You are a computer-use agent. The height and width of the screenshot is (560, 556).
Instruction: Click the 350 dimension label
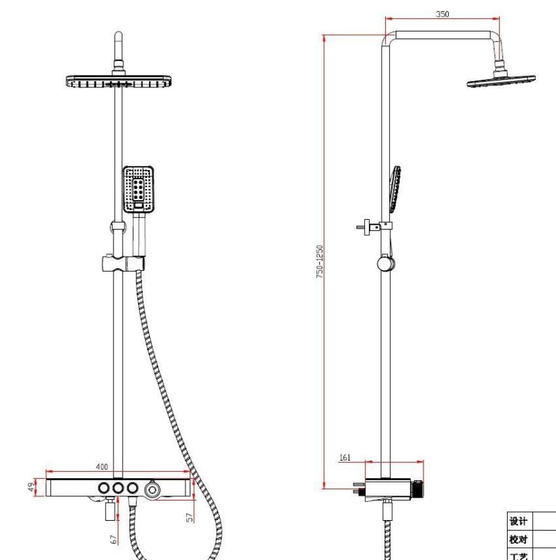(x=443, y=14)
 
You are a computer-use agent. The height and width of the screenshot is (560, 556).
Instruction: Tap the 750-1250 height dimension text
(x=319, y=262)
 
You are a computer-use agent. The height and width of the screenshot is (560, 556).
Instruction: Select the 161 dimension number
(x=345, y=457)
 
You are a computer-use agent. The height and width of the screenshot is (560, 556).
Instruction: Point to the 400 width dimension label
(x=102, y=466)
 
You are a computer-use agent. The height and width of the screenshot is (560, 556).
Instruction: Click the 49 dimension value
(x=32, y=486)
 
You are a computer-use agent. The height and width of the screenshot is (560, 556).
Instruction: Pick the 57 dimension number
(x=190, y=517)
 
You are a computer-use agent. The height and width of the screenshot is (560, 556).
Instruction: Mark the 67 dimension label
(x=113, y=539)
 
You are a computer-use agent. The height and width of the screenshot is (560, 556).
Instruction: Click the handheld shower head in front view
(x=138, y=190)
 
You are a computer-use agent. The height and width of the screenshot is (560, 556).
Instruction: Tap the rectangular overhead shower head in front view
(x=118, y=82)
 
